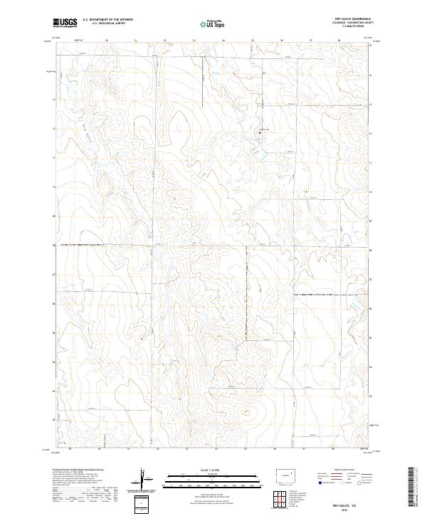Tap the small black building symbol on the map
[260, 132]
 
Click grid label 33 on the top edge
[194, 41]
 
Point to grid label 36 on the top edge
[282, 41]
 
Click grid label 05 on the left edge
[55, 333]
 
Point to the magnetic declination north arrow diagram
[145, 481]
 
